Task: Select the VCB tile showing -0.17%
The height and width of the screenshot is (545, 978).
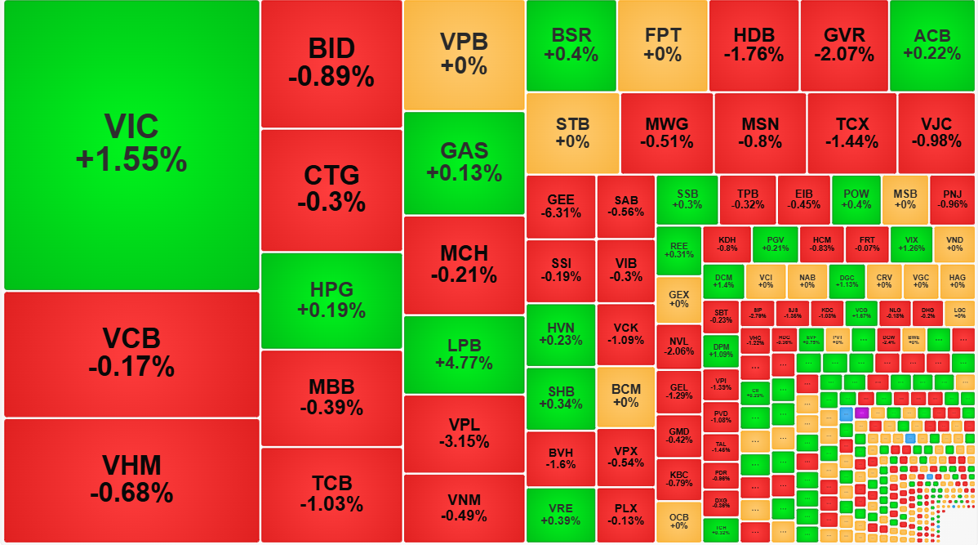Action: click(131, 353)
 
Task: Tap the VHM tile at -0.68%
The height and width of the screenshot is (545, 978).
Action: click(131, 480)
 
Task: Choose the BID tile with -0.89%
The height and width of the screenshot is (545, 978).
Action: click(331, 64)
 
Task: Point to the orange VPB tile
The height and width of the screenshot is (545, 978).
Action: click(464, 55)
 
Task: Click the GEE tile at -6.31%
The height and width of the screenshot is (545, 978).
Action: click(561, 206)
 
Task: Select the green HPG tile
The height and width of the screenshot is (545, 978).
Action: click(331, 300)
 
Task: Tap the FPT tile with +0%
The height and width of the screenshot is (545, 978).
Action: click(663, 45)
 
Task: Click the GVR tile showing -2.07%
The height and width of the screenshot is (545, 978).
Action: click(843, 45)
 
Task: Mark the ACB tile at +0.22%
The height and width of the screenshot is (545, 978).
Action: click(931, 45)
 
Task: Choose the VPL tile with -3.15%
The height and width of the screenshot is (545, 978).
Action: click(464, 433)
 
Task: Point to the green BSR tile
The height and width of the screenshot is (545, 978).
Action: click(571, 45)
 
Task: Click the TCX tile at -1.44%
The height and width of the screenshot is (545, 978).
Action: click(851, 132)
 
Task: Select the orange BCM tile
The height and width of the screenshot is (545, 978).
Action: click(625, 396)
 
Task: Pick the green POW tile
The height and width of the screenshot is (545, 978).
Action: click(856, 199)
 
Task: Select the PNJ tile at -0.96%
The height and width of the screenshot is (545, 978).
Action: click(952, 199)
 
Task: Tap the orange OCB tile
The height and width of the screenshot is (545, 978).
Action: click(679, 520)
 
